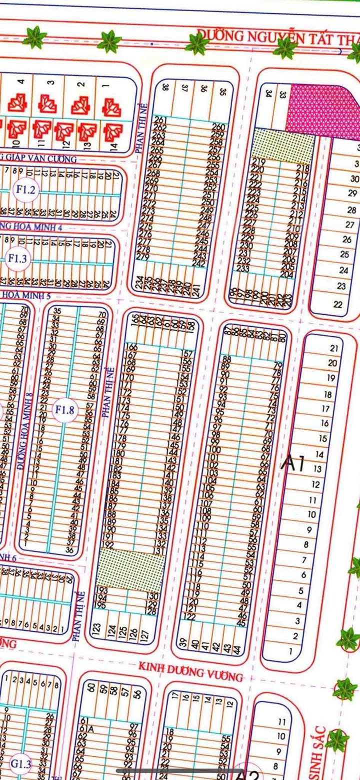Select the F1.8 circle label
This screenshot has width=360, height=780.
point(64,410)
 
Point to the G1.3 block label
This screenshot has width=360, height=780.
point(21,764)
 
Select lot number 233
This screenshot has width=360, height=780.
point(243,268)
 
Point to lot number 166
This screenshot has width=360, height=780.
point(131,347)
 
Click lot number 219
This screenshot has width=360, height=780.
point(258,162)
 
